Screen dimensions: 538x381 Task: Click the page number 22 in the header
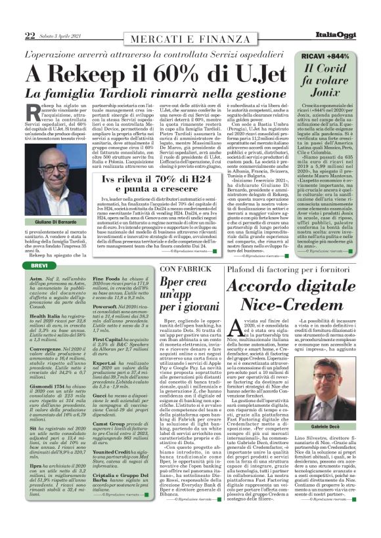click(30, 35)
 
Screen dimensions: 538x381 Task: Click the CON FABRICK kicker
click(185, 269)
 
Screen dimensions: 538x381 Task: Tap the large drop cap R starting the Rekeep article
click(36, 111)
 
